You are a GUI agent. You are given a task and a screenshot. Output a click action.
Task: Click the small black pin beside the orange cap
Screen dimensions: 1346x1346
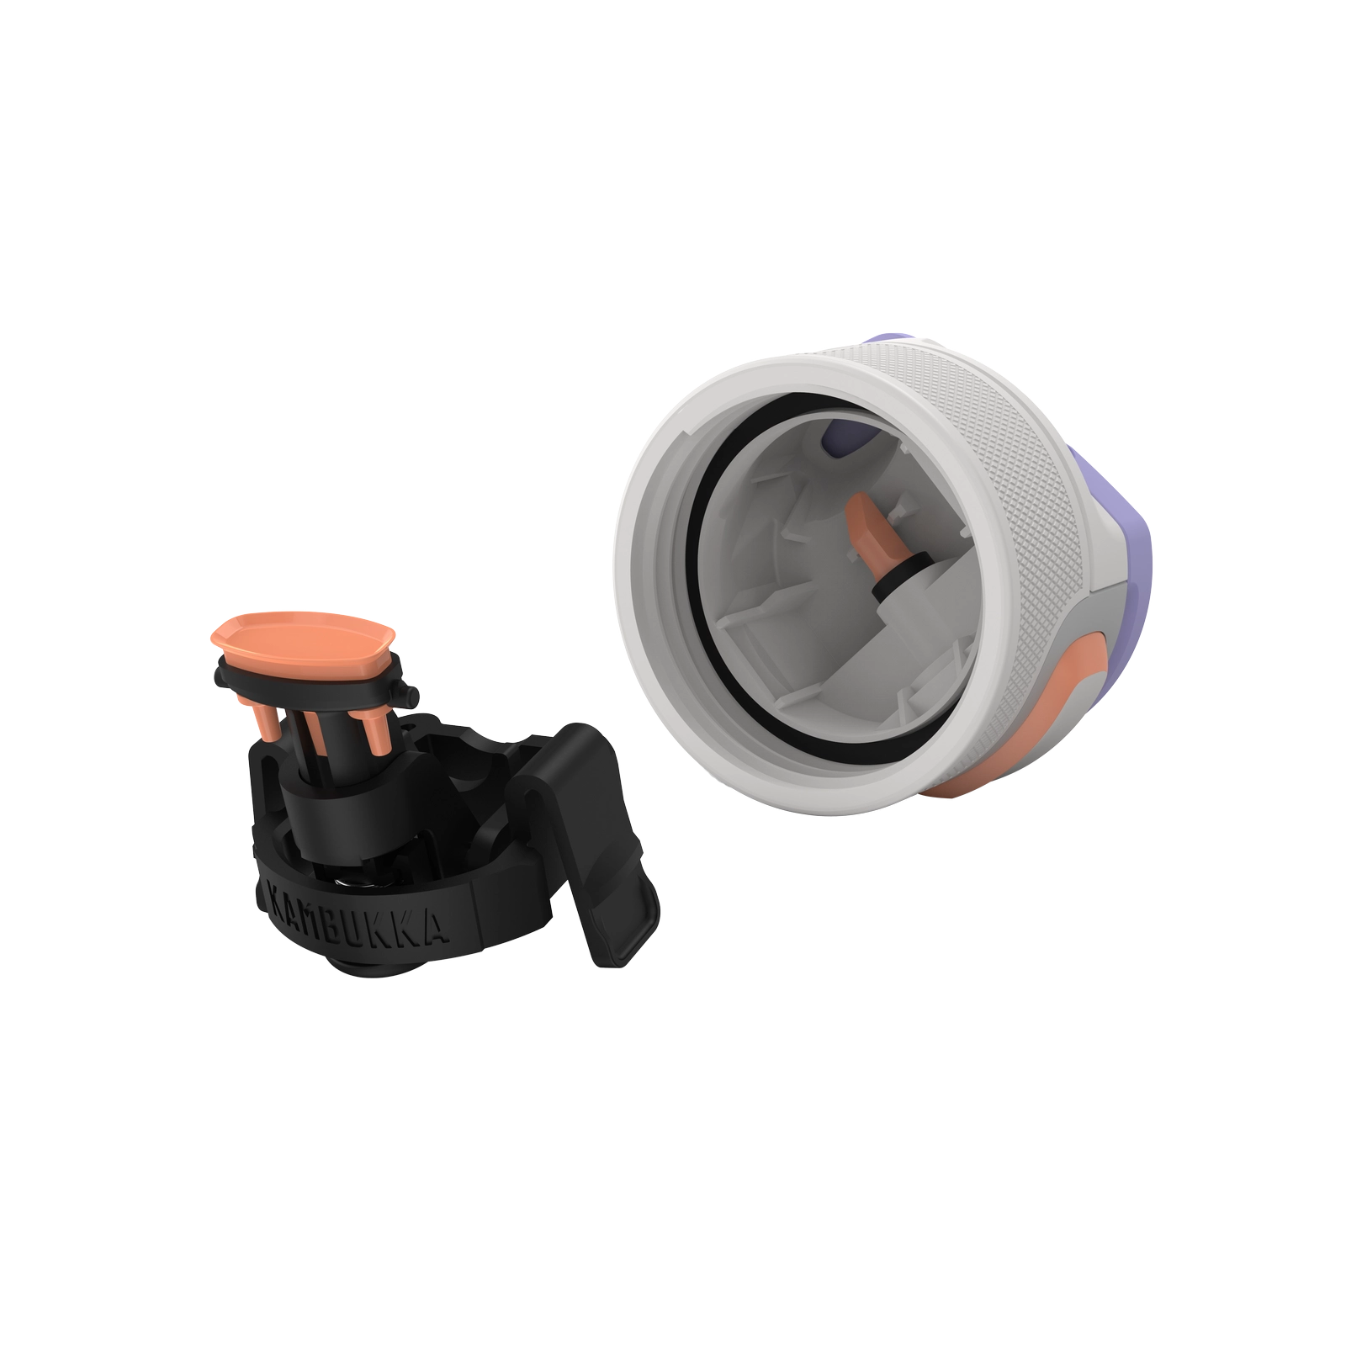(x=410, y=697)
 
